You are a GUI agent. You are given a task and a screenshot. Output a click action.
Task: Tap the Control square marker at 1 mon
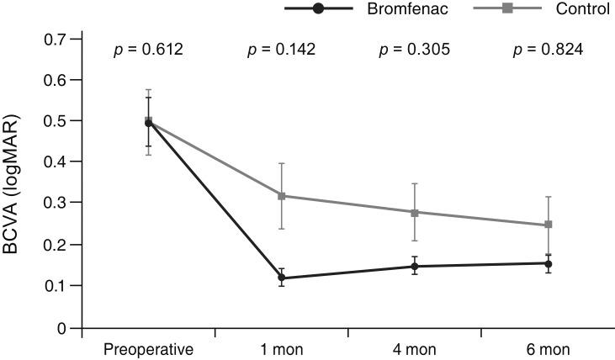coord(283,196)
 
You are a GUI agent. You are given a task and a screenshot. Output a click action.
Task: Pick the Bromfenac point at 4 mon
coord(415,267)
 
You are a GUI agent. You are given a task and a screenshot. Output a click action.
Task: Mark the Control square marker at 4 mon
coord(415,213)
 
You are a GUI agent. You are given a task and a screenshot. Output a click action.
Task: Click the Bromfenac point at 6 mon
coord(548,263)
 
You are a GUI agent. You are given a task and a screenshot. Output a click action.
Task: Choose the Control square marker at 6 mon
coord(548,225)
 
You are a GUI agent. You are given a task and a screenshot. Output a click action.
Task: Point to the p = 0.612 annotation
coord(149,50)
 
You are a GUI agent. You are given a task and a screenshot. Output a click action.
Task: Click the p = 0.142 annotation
coord(282,50)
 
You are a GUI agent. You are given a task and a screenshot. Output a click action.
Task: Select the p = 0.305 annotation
coord(415,50)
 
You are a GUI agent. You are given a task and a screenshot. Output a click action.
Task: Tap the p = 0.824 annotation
coord(548,50)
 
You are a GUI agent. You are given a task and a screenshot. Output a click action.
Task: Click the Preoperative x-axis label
coord(149,348)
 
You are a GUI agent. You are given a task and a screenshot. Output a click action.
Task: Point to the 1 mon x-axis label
coord(283,348)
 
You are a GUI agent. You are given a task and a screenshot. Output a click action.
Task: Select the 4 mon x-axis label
coord(415,348)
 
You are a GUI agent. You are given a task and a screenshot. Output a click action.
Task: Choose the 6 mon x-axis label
coord(548,348)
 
